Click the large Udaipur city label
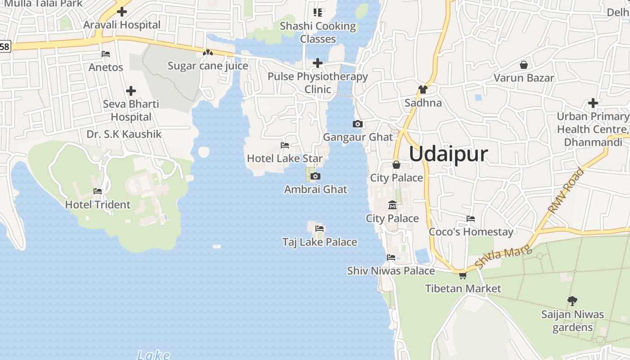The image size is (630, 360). point(448,154)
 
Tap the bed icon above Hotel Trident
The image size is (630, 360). point(98,191)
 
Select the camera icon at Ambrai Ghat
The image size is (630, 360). point(315,176)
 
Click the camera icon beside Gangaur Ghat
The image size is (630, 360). point(358,124)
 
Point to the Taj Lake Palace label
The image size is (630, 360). point(319,242)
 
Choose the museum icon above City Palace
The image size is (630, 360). point(392,205)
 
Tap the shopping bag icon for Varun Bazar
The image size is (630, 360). point(523,65)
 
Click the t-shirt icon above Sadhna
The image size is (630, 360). point(423,90)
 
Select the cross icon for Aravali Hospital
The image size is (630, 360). point(122,12)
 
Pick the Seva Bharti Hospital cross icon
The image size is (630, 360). point(131,91)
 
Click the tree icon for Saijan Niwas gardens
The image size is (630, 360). point(572,301)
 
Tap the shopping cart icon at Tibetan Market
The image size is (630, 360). point(463,275)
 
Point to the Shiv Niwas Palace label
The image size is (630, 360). point(391,271)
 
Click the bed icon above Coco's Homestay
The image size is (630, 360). point(471,219)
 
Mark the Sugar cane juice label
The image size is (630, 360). point(208,66)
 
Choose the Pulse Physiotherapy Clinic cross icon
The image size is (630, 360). point(318,63)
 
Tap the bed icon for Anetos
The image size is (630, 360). point(106,54)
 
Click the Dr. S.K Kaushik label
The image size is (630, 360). point(124,134)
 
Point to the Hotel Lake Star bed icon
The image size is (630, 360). point(285,145)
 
